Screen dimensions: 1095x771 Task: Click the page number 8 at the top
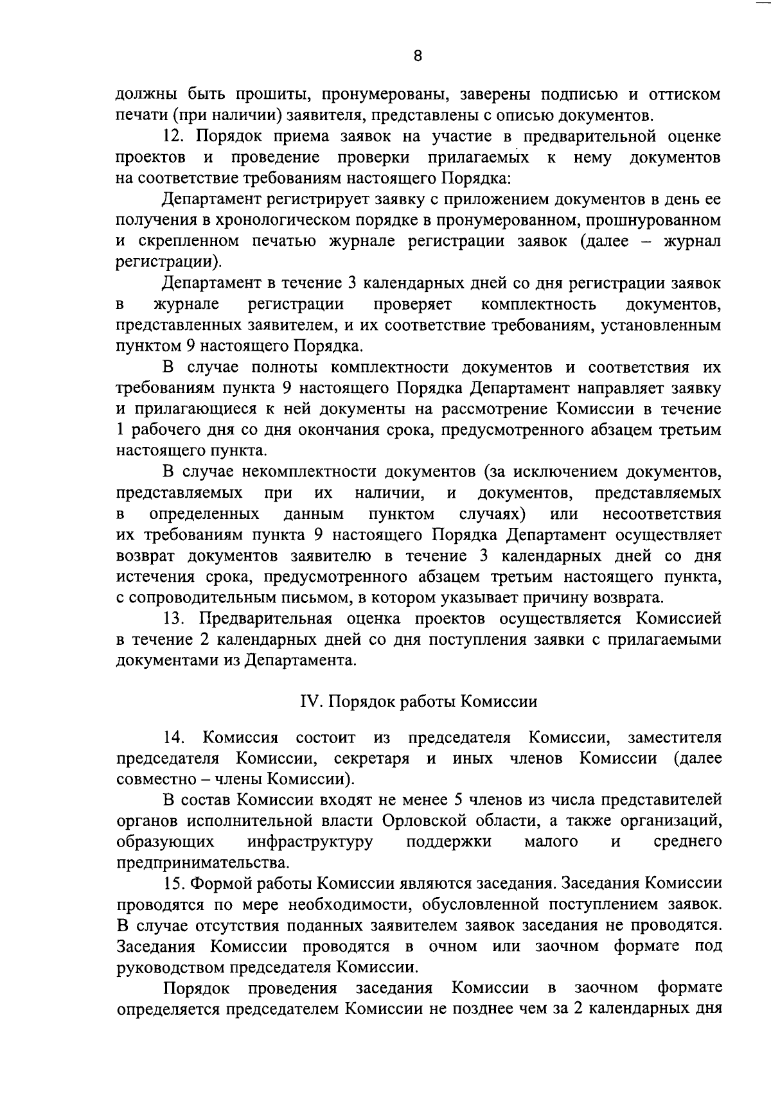(418, 56)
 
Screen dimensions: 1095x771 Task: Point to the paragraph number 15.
(174, 883)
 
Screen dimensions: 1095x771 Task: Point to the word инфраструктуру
(310, 841)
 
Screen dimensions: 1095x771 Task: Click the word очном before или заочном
(453, 946)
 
